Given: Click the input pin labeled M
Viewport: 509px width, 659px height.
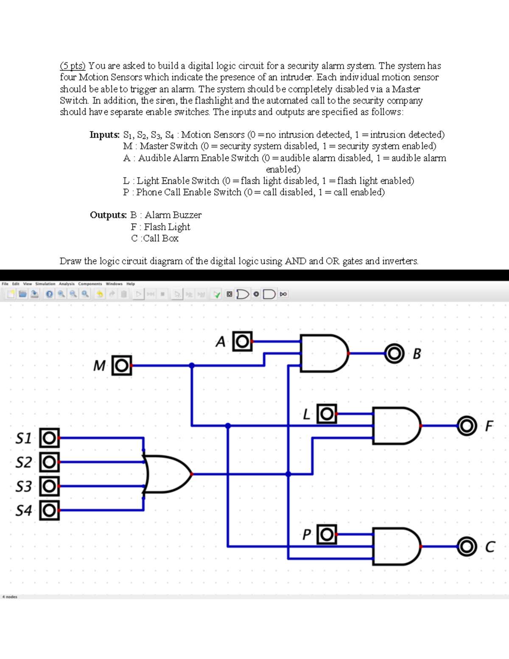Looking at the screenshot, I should (x=122, y=365).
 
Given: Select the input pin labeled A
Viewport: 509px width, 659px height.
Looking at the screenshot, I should (x=242, y=341).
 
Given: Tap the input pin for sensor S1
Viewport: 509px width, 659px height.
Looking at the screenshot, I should (x=49, y=438).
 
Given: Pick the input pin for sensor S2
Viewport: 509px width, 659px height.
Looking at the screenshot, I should (x=49, y=462).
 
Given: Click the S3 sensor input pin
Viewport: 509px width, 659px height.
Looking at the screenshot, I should (x=49, y=486).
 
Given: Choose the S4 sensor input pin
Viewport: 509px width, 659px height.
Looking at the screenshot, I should (x=49, y=510).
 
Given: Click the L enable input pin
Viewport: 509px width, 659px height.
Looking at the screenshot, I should (x=327, y=414).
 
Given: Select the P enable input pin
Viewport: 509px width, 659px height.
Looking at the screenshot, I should (x=327, y=535).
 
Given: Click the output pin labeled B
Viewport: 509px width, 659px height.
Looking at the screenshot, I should (x=394, y=353).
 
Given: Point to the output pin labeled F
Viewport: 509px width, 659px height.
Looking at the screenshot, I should (x=466, y=426).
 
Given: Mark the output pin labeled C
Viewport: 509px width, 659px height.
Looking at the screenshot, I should (x=466, y=547).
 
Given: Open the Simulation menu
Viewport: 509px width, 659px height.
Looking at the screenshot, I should (x=45, y=284).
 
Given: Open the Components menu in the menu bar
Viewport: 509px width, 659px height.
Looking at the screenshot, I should (x=90, y=284).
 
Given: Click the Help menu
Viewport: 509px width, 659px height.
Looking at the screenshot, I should (x=131, y=284).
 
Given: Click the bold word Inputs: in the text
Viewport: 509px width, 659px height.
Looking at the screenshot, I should (x=104, y=135).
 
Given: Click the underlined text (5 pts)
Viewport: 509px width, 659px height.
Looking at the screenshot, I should (x=73, y=66).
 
